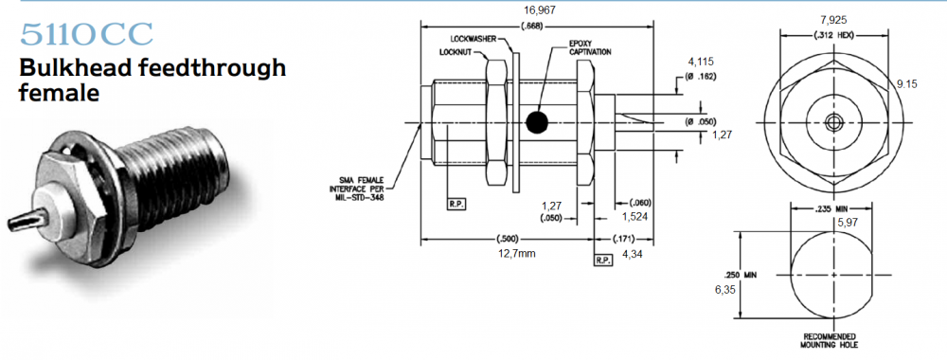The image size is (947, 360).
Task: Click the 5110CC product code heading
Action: (x=86, y=34)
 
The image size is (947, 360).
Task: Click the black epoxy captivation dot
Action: (x=536, y=122)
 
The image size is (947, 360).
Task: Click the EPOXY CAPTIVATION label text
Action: (x=590, y=48)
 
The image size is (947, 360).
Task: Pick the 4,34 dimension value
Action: (x=632, y=254)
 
